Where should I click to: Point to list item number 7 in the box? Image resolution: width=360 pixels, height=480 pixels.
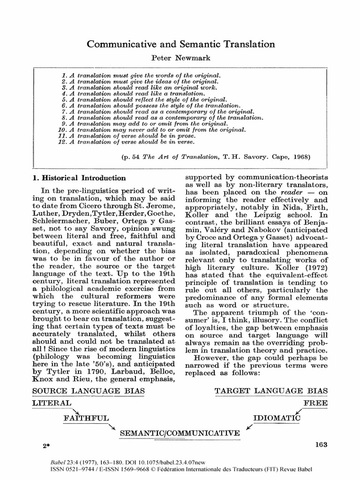[157, 112]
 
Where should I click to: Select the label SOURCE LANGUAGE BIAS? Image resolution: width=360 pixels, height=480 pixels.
[88, 391]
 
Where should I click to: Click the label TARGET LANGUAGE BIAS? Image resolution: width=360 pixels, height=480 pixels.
[271, 391]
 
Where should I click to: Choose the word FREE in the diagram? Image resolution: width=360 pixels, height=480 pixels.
[315, 403]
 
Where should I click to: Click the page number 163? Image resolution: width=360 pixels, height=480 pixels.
[321, 445]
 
